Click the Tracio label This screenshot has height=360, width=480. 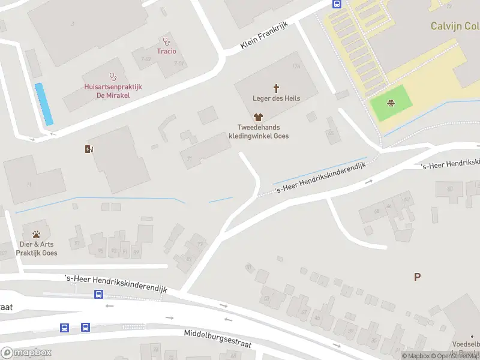166,51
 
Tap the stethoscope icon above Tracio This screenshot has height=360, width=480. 166,41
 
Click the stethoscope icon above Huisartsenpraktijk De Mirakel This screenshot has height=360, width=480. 112,77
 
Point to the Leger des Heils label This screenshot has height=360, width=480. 277,98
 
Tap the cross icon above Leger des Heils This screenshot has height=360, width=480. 277,88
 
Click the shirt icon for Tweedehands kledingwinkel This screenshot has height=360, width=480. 259,118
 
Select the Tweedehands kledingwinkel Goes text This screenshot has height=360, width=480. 263,131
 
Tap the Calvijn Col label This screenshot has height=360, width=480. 455,26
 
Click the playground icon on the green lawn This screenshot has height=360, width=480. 391,102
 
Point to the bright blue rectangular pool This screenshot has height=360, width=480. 44,104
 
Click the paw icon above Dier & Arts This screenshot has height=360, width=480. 37,234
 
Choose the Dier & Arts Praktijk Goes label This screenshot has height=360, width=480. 37,249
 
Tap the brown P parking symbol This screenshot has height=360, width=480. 417,277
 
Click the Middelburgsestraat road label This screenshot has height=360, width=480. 217,338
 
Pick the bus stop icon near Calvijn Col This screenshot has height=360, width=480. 337,4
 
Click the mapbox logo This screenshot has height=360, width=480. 26,352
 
